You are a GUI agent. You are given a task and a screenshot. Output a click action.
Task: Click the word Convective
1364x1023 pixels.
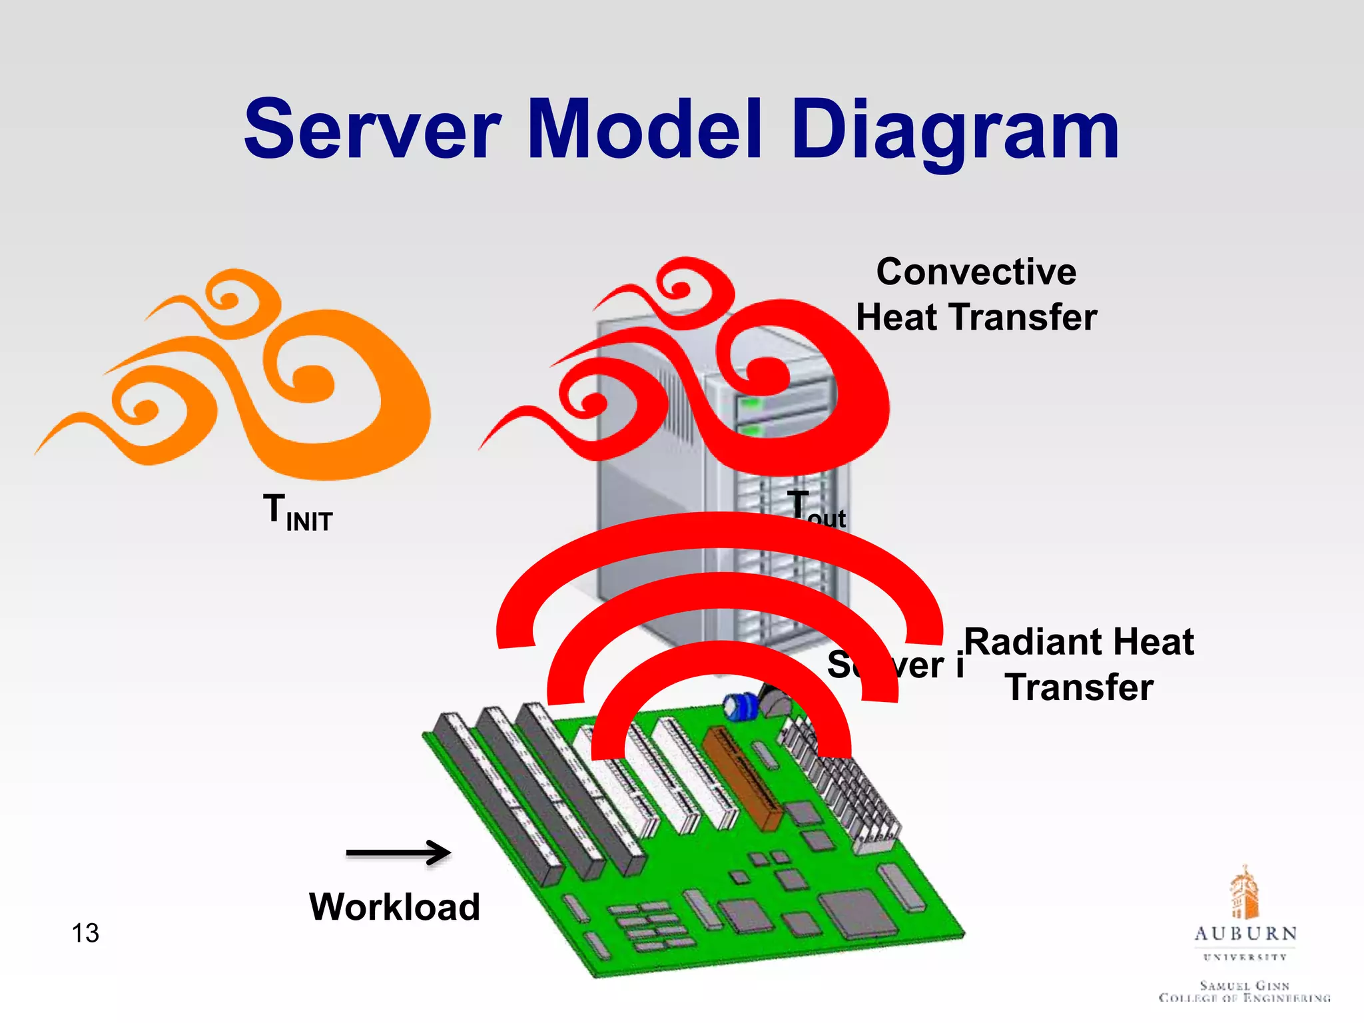coord(976,272)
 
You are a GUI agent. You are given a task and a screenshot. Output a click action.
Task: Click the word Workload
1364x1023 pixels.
coord(394,907)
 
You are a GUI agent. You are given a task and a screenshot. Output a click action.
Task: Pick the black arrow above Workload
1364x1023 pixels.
coord(398,852)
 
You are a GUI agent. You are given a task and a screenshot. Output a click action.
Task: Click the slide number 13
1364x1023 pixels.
coord(85,933)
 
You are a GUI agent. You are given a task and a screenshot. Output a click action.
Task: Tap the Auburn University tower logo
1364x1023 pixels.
coord(1244,892)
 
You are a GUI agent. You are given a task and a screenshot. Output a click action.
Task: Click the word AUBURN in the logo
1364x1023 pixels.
coord(1245,934)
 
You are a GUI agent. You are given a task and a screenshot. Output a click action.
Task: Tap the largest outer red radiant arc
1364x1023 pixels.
coord(719,529)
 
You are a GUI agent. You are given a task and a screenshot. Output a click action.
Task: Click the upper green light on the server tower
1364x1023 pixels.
coord(751,404)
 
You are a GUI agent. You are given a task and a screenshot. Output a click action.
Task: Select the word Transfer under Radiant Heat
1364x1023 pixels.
coord(1079,687)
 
